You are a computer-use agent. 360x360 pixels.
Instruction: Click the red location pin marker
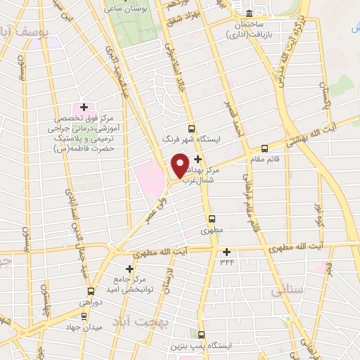[x=181, y=165]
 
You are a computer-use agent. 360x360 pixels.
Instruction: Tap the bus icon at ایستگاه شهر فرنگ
[x=191, y=128]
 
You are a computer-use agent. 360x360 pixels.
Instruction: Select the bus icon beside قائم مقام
[x=264, y=148]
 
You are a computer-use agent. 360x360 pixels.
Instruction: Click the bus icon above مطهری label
[x=212, y=218]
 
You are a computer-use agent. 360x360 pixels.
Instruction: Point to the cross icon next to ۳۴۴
[x=226, y=252]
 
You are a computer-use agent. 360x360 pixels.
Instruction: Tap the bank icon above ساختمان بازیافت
[x=250, y=13]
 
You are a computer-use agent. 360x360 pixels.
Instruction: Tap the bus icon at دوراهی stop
[x=91, y=291]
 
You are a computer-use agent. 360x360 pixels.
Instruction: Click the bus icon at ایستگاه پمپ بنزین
[x=202, y=335]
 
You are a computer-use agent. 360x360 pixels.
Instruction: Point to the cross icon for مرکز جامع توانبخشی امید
[x=129, y=269]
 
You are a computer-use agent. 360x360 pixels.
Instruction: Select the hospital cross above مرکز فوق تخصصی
[x=84, y=108]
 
